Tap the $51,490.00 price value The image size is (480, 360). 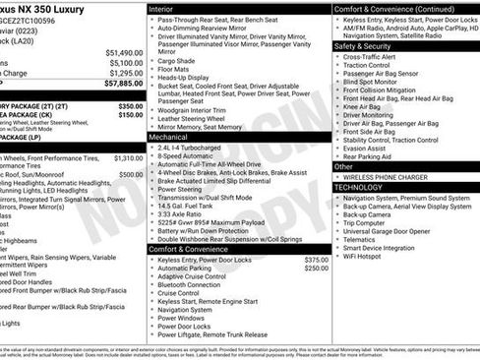[x=123, y=52]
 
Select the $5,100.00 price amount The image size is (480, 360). [x=126, y=62]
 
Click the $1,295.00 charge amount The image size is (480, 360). [x=126, y=73]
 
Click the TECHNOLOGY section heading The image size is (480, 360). [x=358, y=186]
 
